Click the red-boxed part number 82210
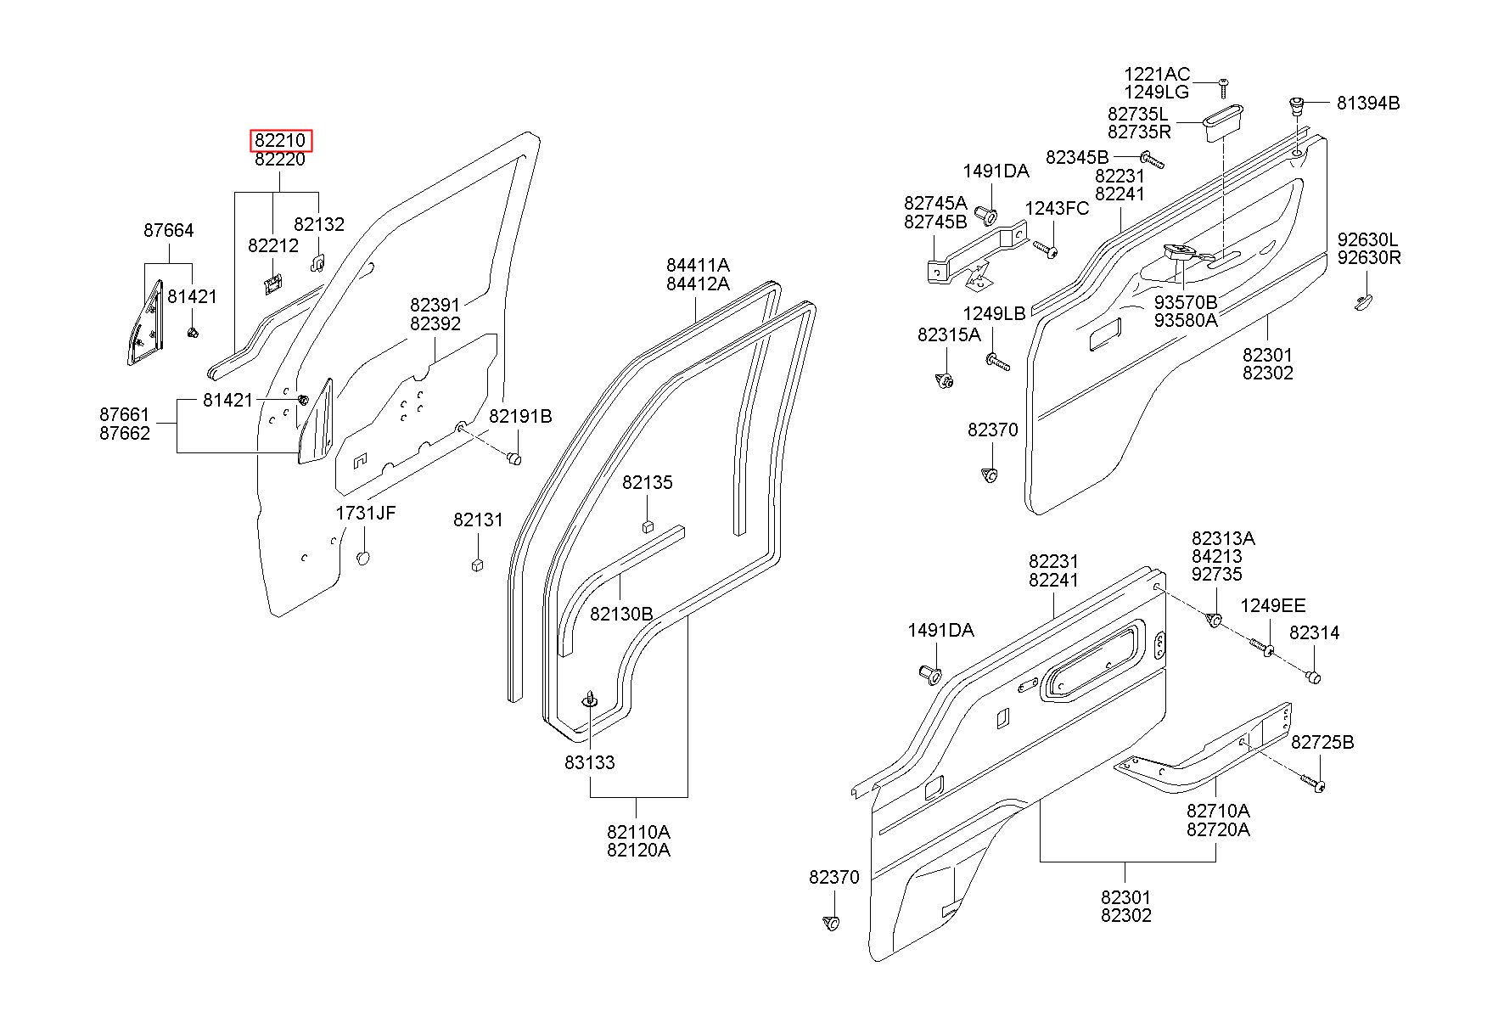[281, 140]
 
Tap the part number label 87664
[168, 230]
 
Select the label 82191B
[520, 416]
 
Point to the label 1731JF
[366, 513]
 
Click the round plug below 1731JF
[363, 558]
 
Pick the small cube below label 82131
[477, 565]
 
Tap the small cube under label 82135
[648, 525]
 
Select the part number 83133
[589, 762]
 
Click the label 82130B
[621, 613]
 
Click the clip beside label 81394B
[1296, 105]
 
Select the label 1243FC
[1057, 209]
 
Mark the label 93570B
[1185, 301]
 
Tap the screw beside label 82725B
[1314, 784]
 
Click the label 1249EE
[1273, 605]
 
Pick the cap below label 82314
[1313, 677]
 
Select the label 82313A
[1223, 538]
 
